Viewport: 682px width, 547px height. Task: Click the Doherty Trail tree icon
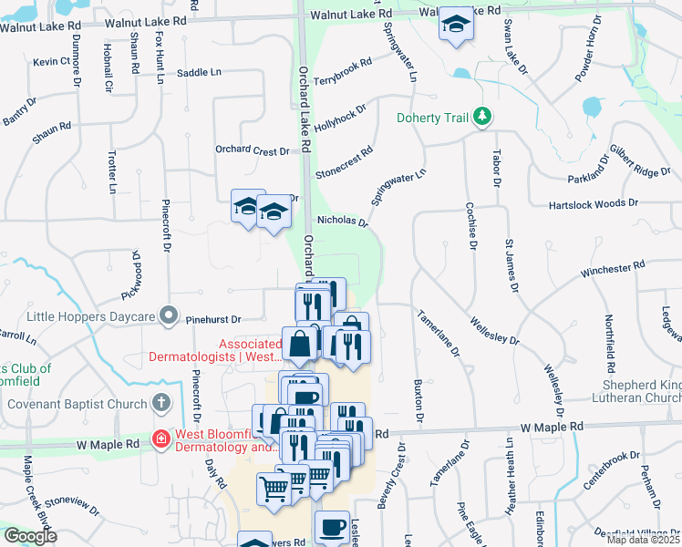483,116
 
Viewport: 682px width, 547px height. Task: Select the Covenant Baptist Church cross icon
160,402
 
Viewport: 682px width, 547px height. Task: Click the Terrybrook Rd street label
343,74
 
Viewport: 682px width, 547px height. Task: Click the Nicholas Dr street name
342,221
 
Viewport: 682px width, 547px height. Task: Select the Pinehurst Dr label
211,320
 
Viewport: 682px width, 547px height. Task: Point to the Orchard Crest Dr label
252,150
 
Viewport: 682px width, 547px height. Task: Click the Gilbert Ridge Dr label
640,164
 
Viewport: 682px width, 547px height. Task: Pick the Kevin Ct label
51,62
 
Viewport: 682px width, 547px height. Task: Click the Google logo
29,536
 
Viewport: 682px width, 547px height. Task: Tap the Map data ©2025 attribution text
644,540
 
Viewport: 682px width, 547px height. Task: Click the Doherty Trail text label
433,118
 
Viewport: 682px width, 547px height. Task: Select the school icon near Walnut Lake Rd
454,26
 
